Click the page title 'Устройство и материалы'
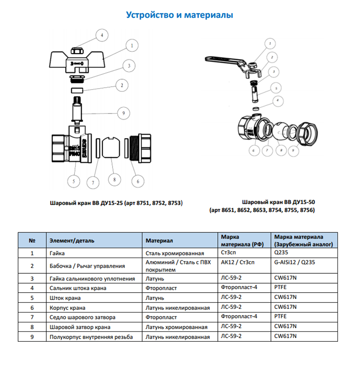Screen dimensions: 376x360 (x=180, y=15)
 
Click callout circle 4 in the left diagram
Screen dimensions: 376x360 (x=102, y=35)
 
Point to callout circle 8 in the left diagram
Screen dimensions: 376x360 (x=114, y=179)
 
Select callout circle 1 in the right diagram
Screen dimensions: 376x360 (x=269, y=44)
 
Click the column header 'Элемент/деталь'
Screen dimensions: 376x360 (x=72, y=241)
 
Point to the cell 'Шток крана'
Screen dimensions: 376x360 (x=66, y=298)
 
